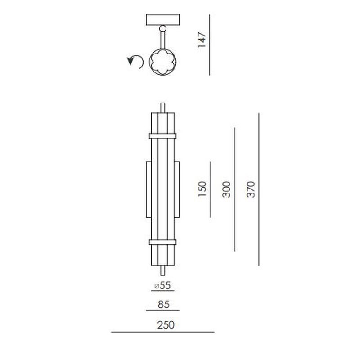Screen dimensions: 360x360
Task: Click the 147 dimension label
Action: (202, 40)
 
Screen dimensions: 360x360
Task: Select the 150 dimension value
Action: (202, 189)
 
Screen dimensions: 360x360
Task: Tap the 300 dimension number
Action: (226, 189)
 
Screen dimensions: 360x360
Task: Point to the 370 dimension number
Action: (251, 189)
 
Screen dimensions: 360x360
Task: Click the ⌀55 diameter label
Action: (162, 285)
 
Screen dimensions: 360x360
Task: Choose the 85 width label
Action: (164, 305)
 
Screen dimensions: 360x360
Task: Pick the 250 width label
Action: (166, 324)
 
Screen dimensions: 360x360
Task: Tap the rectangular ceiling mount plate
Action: (163, 20)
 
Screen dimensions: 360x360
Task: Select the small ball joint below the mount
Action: (163, 28)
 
